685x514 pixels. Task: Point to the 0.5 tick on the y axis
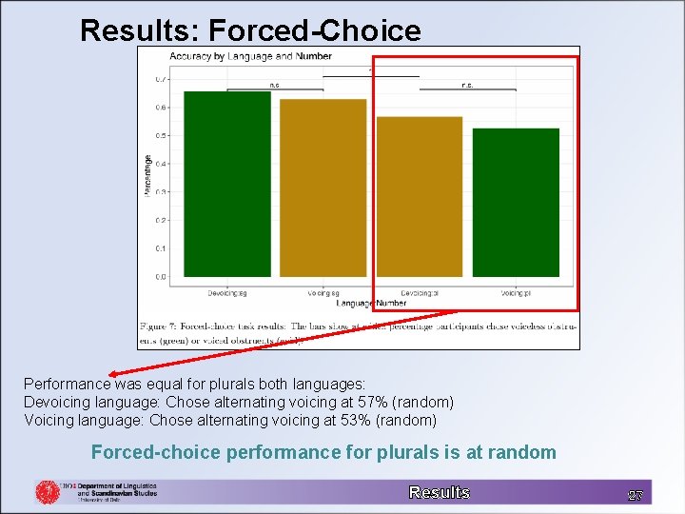point(161,135)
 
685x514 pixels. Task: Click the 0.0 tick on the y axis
point(161,277)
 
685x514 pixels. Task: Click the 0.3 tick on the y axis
point(161,192)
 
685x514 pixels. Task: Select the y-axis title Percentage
point(147,176)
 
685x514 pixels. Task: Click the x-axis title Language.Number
point(371,303)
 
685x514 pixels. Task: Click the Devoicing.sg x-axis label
point(227,292)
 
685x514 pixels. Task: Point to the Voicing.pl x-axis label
point(516,292)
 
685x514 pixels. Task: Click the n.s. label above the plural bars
point(467,85)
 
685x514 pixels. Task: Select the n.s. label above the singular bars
point(275,85)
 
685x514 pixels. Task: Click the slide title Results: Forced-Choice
point(250,30)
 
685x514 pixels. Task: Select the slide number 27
point(636,495)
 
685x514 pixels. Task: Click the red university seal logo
point(48,491)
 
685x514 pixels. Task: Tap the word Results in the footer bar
point(439,492)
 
